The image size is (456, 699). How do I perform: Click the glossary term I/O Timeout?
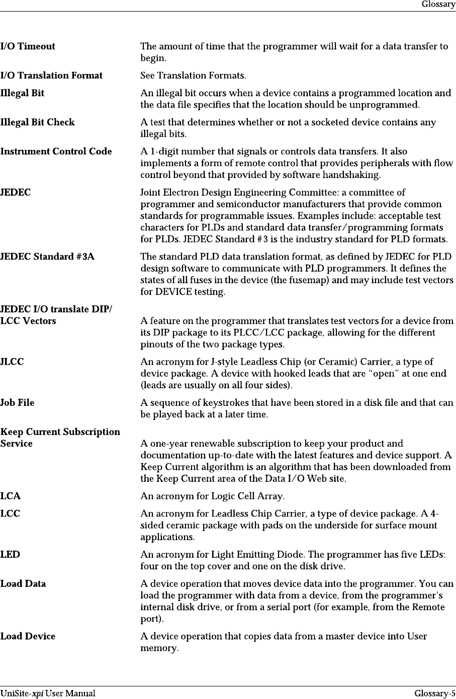[28, 47]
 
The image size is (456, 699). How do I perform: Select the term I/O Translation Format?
[51, 76]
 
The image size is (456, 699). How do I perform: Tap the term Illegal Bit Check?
[38, 123]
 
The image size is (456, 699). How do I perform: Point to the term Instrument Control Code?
[56, 152]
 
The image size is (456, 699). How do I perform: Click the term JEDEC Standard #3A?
[47, 257]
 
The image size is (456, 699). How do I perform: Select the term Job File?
[18, 403]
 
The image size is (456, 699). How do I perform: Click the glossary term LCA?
[11, 497]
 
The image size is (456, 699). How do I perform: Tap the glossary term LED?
[11, 555]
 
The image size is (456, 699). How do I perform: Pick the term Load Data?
[23, 584]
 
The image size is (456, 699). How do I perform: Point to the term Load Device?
[28, 637]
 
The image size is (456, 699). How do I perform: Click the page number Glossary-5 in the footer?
[435, 694]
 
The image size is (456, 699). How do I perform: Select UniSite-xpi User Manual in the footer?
[48, 694]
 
